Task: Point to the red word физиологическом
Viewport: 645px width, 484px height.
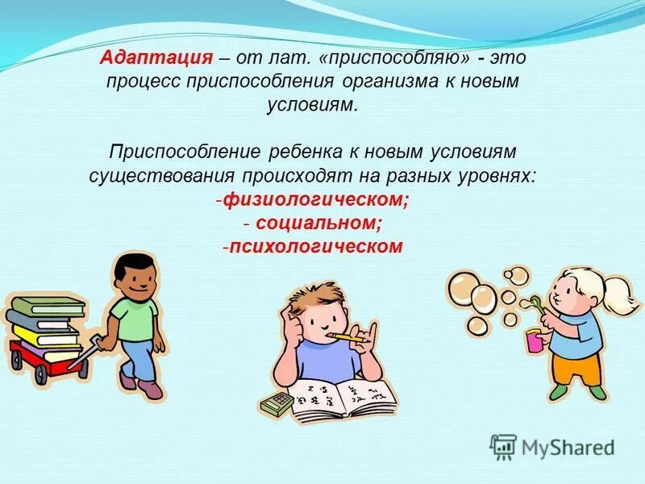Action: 316,199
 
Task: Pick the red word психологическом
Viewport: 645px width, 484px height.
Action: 315,246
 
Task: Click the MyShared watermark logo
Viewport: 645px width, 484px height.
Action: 552,446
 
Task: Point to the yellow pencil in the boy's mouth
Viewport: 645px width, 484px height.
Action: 347,335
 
